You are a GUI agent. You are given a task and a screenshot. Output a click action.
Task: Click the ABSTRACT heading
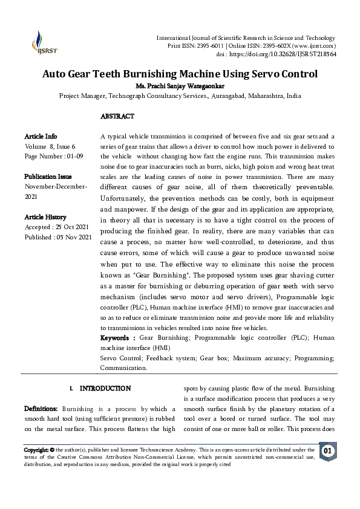[117, 116]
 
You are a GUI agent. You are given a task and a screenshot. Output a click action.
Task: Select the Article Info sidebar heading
[41, 137]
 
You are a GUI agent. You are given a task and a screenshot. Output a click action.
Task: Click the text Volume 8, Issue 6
[50, 146]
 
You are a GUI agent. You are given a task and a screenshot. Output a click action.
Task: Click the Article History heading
[45, 216]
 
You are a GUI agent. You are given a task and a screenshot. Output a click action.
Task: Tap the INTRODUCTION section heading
[105, 388]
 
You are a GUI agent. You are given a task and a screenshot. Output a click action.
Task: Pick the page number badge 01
[328, 451]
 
